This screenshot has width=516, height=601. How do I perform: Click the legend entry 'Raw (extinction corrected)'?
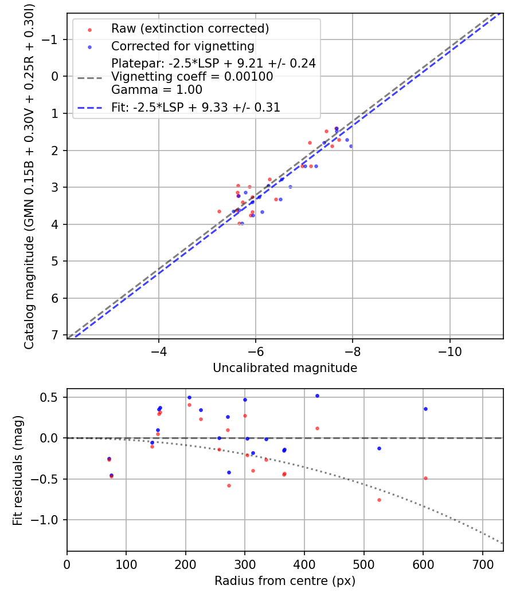[190, 29]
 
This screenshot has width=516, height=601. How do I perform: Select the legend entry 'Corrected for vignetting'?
[182, 46]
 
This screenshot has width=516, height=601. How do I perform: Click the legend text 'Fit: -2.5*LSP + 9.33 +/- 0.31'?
[196, 108]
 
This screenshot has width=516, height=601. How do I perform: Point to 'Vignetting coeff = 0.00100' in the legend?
[192, 77]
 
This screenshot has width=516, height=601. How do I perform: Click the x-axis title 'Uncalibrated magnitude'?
[285, 368]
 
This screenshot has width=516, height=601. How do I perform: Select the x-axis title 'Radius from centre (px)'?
[285, 581]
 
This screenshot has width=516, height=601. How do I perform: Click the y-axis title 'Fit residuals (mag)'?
[18, 470]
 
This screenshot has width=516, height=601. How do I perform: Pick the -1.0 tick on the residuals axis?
[50, 520]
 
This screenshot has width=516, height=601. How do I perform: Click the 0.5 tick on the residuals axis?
[53, 397]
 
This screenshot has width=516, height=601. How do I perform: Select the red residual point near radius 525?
[379, 500]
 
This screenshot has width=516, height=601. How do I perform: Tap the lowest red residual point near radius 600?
[425, 478]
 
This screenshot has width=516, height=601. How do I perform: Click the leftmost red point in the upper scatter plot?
[219, 211]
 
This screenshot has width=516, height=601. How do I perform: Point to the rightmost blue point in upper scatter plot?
[351, 146]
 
